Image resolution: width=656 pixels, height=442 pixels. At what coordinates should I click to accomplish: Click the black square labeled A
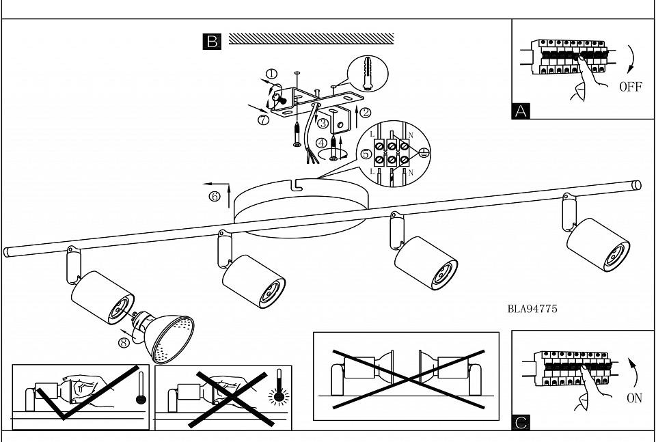[x=521, y=111]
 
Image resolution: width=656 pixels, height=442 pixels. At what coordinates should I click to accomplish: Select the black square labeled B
[x=212, y=42]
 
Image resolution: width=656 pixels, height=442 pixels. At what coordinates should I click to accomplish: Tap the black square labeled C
[x=521, y=422]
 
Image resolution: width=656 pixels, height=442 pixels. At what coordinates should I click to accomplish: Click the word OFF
[x=631, y=87]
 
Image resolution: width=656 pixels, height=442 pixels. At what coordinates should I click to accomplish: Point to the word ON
[x=634, y=398]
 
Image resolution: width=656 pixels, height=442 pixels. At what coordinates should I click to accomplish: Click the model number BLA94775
[x=532, y=309]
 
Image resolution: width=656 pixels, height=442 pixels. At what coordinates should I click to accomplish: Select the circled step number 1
[x=271, y=74]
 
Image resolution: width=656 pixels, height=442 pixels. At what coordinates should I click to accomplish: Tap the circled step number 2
[x=365, y=112]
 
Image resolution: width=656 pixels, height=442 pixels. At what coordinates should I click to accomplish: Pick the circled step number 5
[x=366, y=154]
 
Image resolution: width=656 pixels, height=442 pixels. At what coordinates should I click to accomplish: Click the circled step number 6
[x=215, y=197]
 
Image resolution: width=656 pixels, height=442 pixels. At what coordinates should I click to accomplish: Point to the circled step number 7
[x=263, y=120]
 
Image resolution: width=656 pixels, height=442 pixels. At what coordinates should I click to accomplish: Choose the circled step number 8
[x=124, y=342]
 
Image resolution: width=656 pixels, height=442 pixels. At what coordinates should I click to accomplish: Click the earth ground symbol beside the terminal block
[x=424, y=153]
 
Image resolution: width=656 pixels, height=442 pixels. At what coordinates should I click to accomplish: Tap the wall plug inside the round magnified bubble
[x=368, y=74]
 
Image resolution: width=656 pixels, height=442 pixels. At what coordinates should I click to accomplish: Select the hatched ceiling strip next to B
[x=312, y=38]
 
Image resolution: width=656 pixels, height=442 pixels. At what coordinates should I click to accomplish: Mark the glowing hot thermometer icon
[x=278, y=389]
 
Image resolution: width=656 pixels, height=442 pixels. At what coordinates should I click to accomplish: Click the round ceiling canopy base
[x=301, y=208]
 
